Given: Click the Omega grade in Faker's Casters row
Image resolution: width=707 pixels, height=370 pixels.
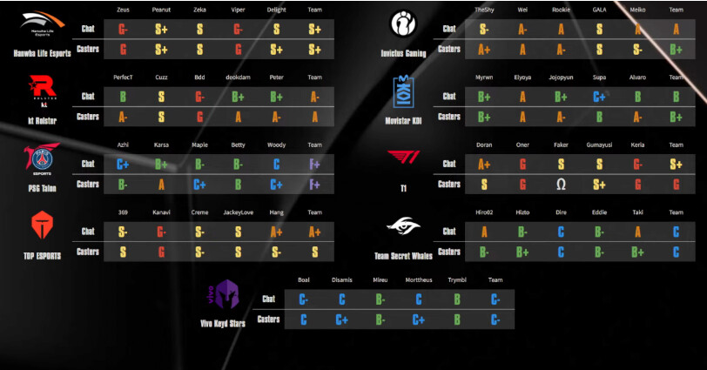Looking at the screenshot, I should tap(561, 184).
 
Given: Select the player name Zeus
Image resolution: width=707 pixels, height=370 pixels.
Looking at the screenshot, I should tap(123, 10).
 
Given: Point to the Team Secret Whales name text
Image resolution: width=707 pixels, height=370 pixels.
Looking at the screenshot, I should tap(404, 255).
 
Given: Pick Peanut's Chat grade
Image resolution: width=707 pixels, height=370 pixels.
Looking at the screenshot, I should tap(161, 29).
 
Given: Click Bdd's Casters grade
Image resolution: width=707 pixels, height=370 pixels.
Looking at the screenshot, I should tap(199, 116).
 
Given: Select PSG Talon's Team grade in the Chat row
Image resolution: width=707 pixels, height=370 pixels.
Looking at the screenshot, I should tap(314, 163).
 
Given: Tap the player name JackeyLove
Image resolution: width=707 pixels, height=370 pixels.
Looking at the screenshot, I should tap(238, 212).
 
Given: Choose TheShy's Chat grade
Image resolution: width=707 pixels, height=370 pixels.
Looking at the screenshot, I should tap(484, 29).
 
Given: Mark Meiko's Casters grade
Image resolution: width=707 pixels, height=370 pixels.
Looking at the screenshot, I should tap(637, 49).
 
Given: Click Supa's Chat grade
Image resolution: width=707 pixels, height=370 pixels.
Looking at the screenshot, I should tap(599, 96).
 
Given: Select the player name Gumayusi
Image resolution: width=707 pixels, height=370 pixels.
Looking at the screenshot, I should tap(599, 145).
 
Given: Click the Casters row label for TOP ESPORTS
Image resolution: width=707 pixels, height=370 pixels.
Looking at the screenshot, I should tap(88, 252).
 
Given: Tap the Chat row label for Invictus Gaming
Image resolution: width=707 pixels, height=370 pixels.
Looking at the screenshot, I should tap(449, 29).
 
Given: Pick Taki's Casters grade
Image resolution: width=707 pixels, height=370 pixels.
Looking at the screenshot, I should tap(637, 252).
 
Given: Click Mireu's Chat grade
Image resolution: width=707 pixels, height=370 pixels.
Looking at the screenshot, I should tap(380, 299).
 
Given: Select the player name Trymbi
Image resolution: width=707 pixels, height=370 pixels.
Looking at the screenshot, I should tap(457, 280).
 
